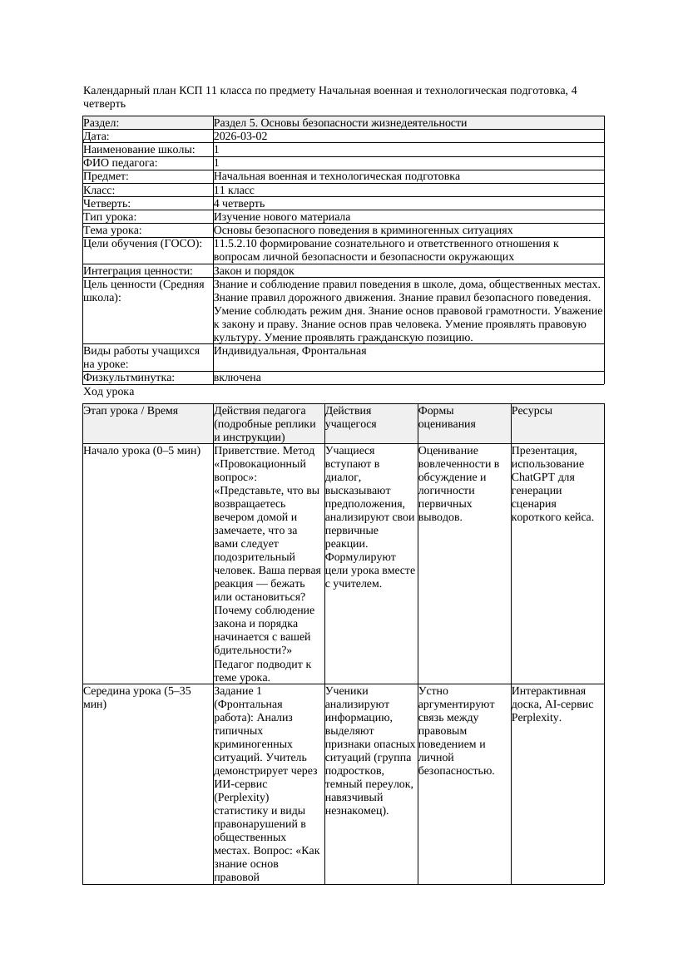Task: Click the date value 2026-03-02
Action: pyautogui.click(x=240, y=136)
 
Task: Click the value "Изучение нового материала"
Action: pyautogui.click(x=282, y=216)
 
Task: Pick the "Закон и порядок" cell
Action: pyautogui.click(x=254, y=270)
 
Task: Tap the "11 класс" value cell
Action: pyautogui.click(x=234, y=190)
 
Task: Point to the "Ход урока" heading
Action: pyautogui.click(x=109, y=391)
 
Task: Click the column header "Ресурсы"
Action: pyautogui.click(x=532, y=411)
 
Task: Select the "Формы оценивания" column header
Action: pyautogui.click(x=447, y=417)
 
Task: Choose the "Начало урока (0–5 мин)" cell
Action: pyautogui.click(x=142, y=451)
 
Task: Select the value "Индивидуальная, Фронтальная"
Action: pyautogui.click(x=290, y=351)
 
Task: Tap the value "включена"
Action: pyautogui.click(x=237, y=378)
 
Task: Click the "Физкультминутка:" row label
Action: pyautogui.click(x=129, y=378)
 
